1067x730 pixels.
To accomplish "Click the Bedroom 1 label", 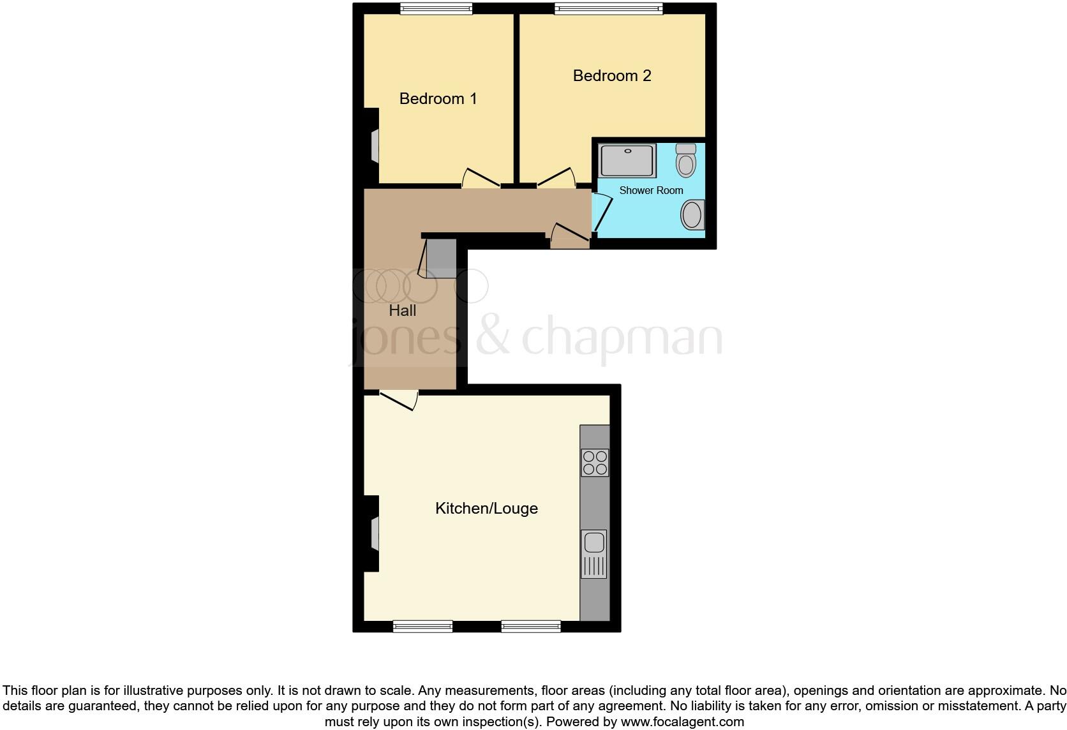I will pos(438,99).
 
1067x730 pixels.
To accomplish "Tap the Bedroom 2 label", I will pos(611,76).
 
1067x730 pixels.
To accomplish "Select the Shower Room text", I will pos(651,190).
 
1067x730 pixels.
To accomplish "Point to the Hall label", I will pos(402,311).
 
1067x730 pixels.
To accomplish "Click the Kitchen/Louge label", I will pos(486,509).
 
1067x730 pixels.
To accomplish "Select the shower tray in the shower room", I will pos(628,161).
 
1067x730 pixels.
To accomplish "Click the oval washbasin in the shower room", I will pos(692,214).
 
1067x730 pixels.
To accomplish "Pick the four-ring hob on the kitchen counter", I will pos(595,463).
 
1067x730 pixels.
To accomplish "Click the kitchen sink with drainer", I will pos(594,554).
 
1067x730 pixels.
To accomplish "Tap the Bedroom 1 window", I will pos(436,8).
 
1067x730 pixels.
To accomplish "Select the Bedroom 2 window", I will pos(608,8).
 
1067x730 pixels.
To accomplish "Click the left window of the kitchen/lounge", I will pos(422,626).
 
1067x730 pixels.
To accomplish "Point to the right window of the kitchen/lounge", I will pos(531,626).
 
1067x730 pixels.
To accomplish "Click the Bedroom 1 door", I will pos(481,178).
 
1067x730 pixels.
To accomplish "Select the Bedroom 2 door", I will pos(556,178).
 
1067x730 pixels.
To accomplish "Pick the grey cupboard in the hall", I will pos(442,258).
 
